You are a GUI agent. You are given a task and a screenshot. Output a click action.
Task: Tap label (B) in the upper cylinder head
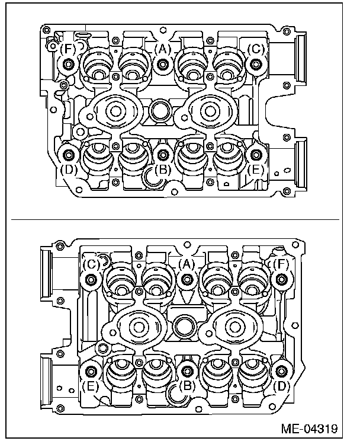[163, 170]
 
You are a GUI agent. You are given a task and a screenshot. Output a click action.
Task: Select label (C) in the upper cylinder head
[256, 49]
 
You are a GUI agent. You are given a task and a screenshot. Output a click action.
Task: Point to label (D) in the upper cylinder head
[69, 169]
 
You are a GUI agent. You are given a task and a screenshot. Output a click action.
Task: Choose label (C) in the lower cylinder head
[91, 264]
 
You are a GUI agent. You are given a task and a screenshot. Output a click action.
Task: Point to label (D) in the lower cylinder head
[280, 385]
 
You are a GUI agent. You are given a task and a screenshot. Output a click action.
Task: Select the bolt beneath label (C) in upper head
[256, 64]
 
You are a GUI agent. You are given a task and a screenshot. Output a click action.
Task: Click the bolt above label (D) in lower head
[280, 372]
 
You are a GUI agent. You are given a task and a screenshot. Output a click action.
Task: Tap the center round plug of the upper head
[159, 110]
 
